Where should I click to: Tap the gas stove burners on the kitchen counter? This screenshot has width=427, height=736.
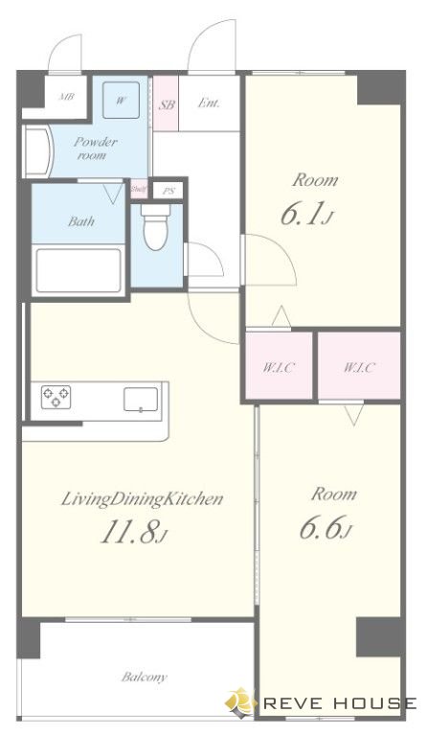coord(56,397)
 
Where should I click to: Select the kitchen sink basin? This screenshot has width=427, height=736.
coord(141,400)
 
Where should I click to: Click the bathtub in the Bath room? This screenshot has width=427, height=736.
coord(79,270)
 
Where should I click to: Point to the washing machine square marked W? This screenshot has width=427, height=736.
coord(121,100)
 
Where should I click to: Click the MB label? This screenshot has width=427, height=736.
coord(67,97)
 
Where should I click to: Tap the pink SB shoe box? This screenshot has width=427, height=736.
coord(166,103)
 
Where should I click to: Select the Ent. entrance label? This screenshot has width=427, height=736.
coord(209,103)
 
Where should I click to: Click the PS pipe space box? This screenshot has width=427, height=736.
coord(169,191)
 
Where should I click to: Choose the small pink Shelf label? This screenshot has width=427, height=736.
coord(139,189)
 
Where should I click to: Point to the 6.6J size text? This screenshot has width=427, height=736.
coord(325,528)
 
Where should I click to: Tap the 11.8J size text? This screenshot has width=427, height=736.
coord(133,533)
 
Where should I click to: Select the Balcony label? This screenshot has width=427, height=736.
coord(145,677)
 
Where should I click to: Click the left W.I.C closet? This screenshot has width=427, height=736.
coord(279,366)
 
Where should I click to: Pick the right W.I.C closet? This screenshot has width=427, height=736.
coord(360,366)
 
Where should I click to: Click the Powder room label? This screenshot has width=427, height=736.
coord(95,149)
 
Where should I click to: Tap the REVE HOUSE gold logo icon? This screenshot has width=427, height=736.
coord(240,701)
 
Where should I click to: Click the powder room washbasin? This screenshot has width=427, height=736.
coord(38,151)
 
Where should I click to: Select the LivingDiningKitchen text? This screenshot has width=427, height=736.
coord(142,499)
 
